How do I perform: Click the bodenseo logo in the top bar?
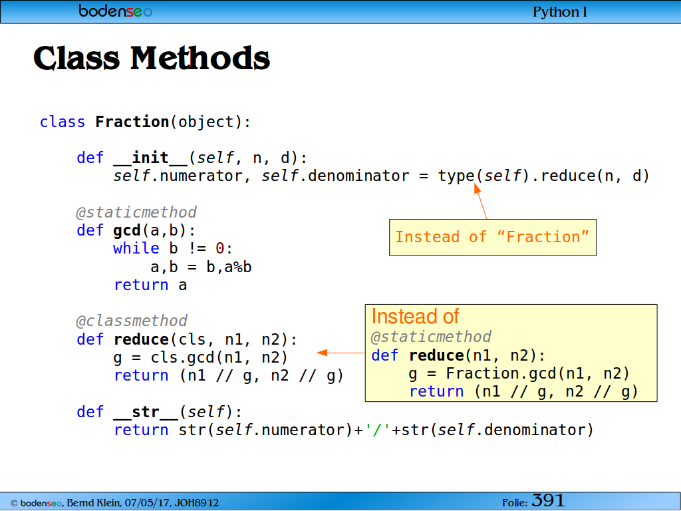click(x=116, y=11)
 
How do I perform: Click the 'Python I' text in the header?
click(x=560, y=12)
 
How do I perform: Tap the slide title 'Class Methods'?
click(x=152, y=58)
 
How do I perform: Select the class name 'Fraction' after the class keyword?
click(x=132, y=122)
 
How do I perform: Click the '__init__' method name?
click(x=150, y=157)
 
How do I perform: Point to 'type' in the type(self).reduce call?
click(x=456, y=176)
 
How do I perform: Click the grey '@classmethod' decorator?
click(x=132, y=321)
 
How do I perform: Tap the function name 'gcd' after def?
click(x=127, y=230)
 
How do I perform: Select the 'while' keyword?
click(x=136, y=248)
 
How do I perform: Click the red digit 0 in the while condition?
click(x=219, y=249)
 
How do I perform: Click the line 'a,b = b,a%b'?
click(x=201, y=267)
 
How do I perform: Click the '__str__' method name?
click(x=146, y=411)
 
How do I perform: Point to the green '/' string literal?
click(x=378, y=430)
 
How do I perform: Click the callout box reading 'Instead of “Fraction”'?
click(x=493, y=238)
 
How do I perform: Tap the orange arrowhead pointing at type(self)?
click(x=477, y=188)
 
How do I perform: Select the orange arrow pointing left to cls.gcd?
click(x=341, y=353)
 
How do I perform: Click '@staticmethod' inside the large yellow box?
click(x=431, y=337)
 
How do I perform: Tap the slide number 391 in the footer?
click(x=548, y=500)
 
